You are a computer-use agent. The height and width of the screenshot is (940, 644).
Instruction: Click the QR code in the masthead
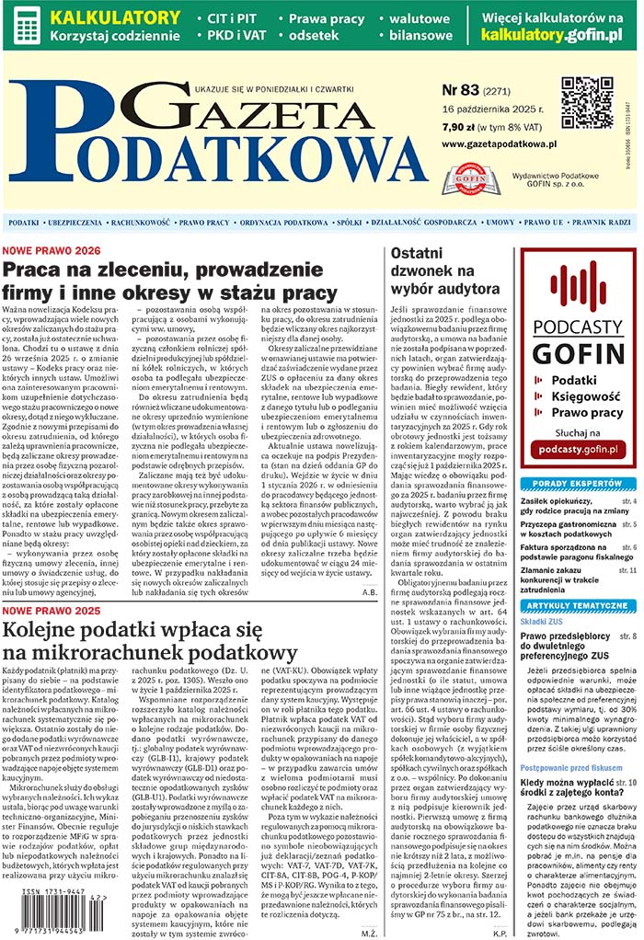pyautogui.click(x=587, y=103)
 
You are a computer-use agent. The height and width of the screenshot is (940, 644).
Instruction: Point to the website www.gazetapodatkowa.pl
pyautogui.click(x=499, y=144)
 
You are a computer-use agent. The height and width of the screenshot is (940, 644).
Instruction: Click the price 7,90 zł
pyautogui.click(x=458, y=127)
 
